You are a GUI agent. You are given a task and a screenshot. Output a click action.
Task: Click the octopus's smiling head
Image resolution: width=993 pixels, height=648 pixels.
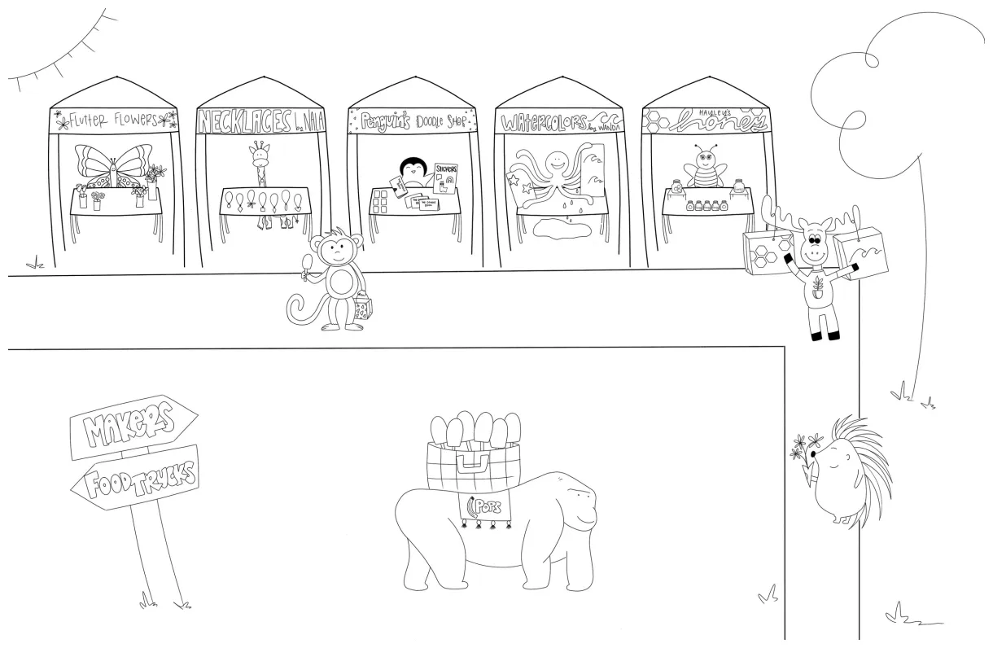tap(555, 163)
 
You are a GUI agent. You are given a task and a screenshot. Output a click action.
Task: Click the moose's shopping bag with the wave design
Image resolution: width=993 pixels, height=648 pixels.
tap(860, 252)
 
